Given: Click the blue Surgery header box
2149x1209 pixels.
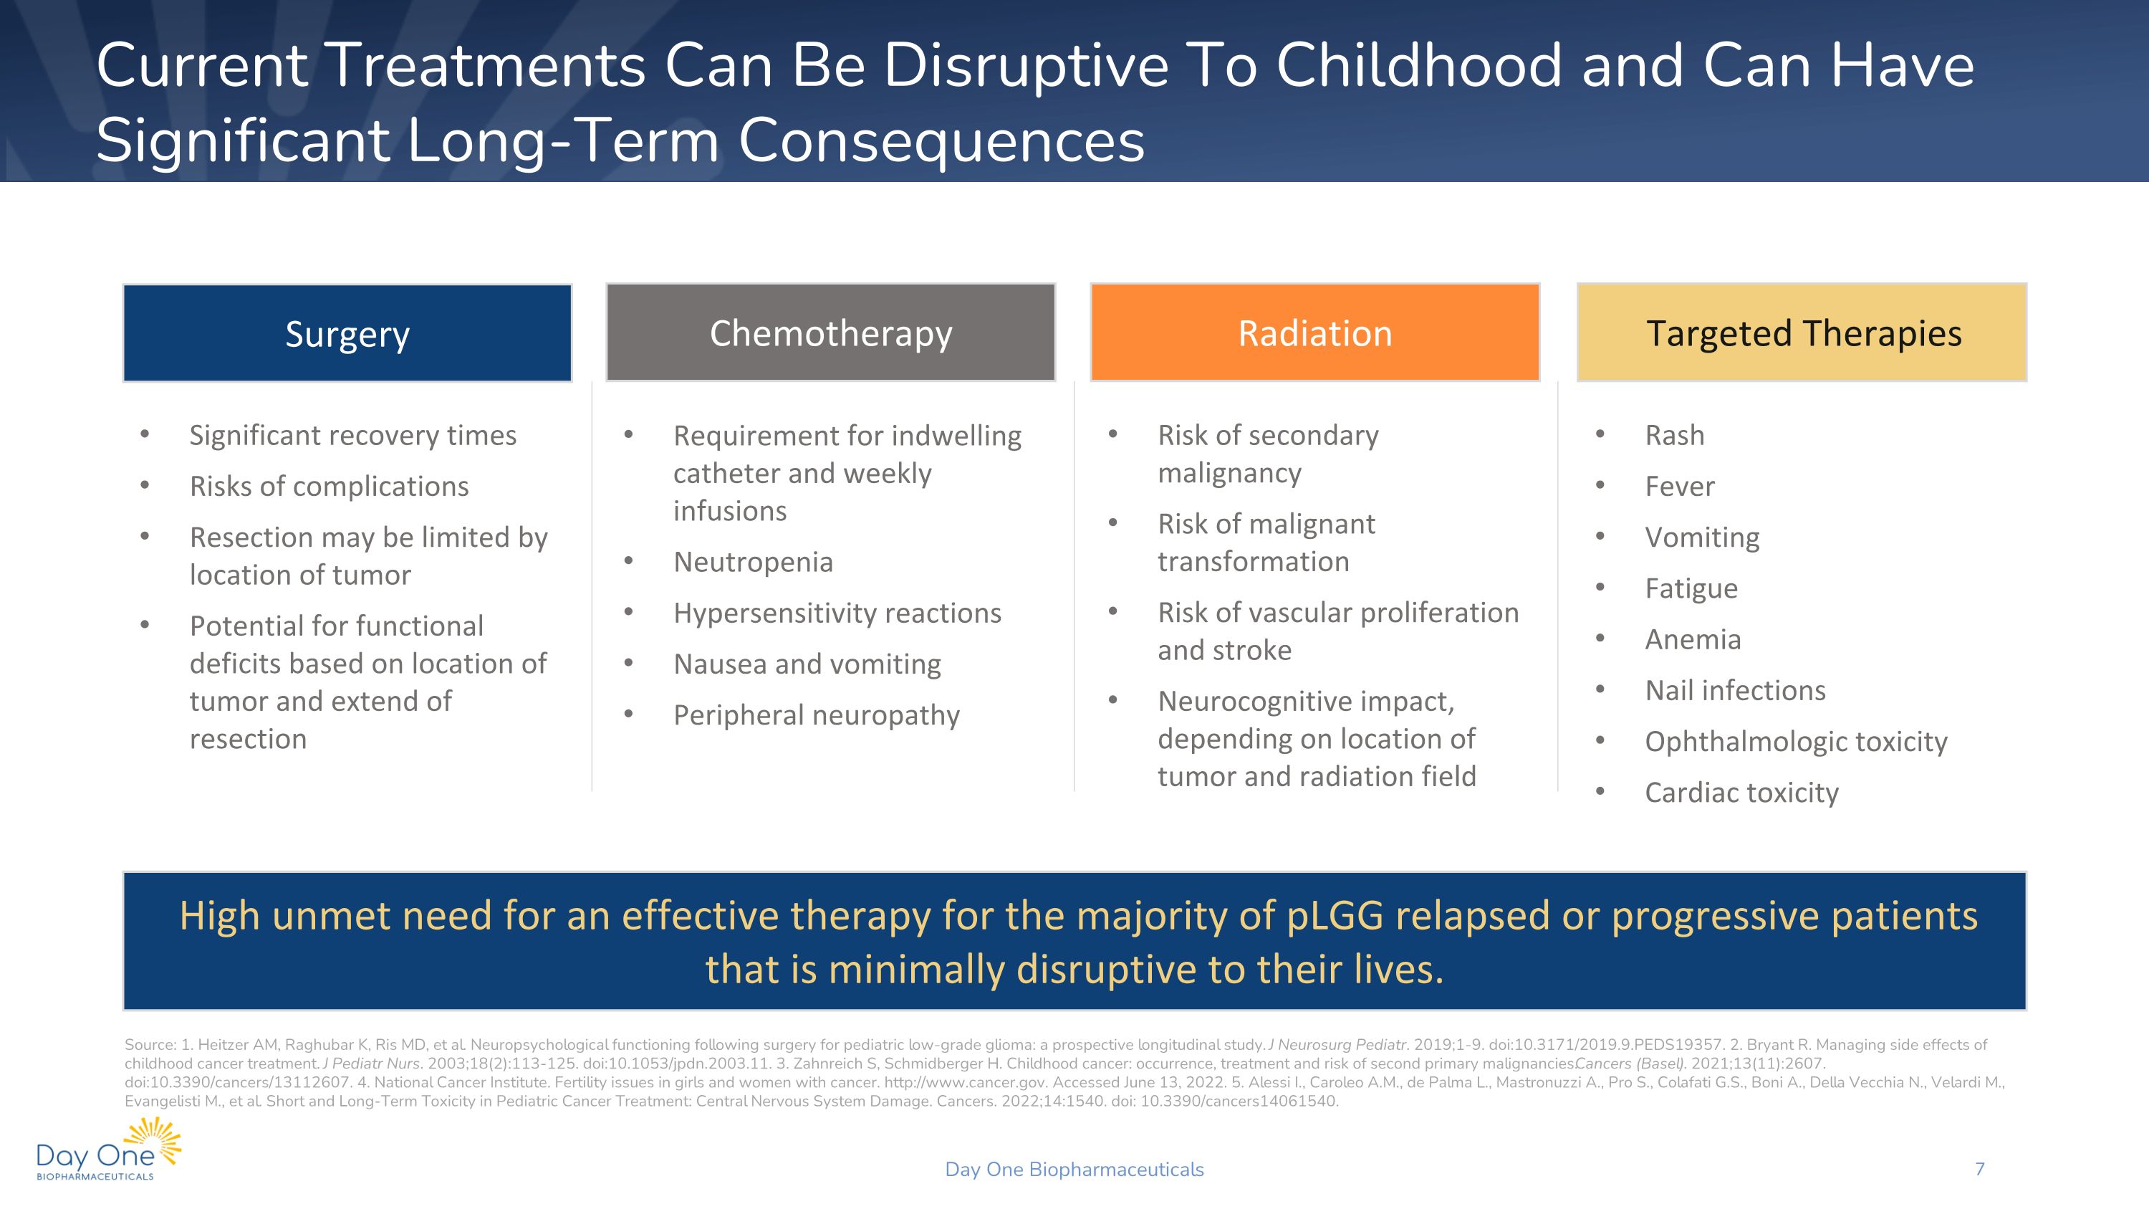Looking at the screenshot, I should [x=347, y=334].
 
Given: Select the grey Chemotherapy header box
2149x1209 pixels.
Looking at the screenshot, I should [x=830, y=333].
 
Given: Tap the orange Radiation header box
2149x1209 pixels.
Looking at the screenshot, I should [x=1314, y=333].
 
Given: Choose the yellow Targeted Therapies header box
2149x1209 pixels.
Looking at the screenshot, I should [x=1802, y=333].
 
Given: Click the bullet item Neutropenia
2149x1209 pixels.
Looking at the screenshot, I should [x=752, y=562].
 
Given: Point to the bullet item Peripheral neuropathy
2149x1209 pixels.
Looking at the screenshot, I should [x=816, y=715].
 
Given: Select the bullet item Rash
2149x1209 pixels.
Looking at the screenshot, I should [x=1673, y=435].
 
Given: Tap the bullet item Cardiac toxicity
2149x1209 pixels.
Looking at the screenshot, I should [x=1741, y=792].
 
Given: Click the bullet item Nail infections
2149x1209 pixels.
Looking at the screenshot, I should [x=1734, y=690].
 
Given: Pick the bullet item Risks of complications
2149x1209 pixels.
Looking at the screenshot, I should [x=329, y=486].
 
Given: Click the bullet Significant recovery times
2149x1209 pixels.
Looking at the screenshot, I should [x=352, y=435].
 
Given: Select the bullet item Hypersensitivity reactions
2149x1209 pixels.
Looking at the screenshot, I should [x=837, y=613].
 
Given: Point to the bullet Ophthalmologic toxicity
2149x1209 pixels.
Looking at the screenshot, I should [x=1795, y=741].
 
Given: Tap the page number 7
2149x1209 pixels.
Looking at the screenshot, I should [x=1979, y=1169].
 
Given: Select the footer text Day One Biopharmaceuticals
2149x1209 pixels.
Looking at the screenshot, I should [x=1074, y=1169].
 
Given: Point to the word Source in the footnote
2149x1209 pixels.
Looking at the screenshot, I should [x=148, y=1045].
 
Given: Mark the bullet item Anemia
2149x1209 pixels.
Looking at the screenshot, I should [x=1692, y=639].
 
